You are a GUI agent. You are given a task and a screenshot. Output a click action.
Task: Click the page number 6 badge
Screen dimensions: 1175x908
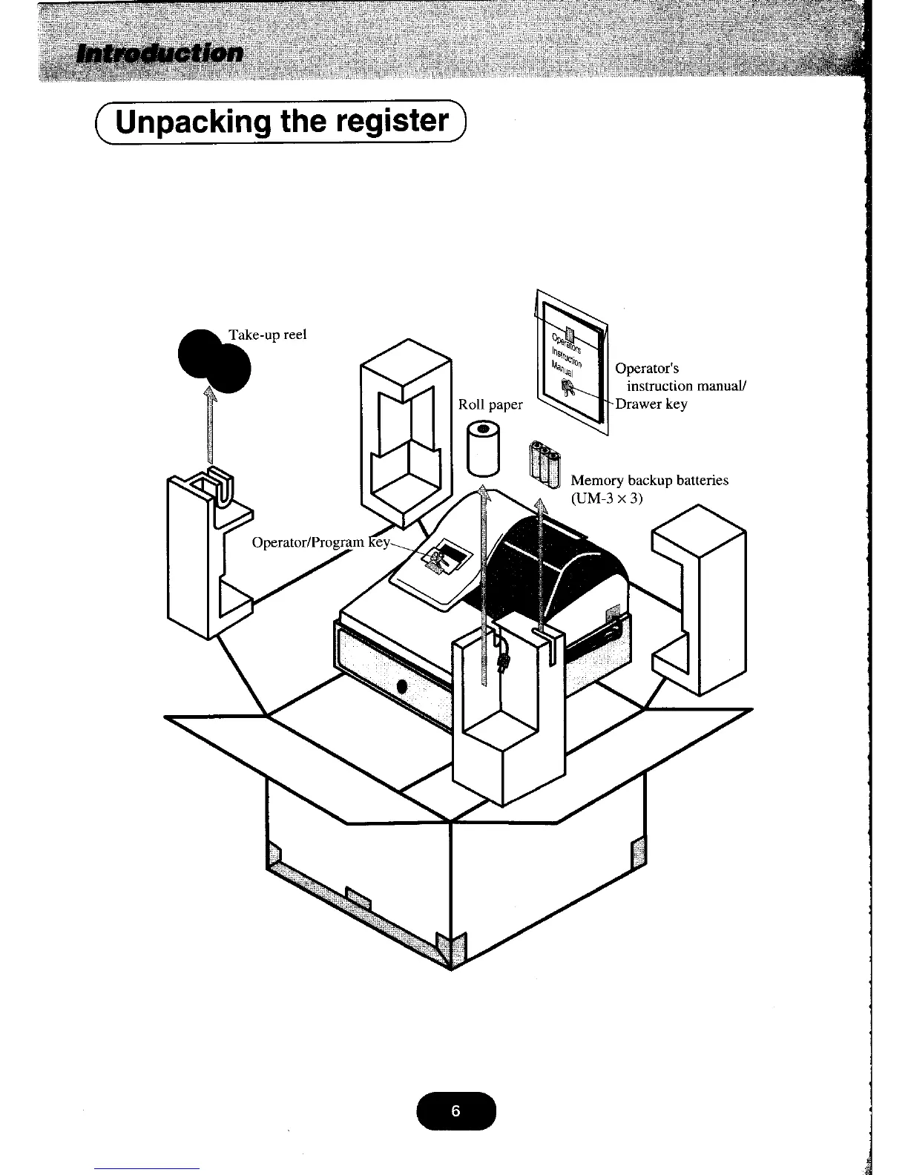point(455,1110)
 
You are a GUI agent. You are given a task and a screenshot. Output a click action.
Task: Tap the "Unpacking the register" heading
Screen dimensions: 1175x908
point(283,122)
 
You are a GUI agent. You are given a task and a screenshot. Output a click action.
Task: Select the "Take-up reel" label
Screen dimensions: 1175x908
point(268,335)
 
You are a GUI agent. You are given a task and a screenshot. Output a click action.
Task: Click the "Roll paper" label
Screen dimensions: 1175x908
point(490,405)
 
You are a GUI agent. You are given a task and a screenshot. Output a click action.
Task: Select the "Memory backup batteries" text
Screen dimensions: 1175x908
point(649,481)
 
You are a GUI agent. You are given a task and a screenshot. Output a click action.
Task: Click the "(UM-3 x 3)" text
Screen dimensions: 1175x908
point(606,498)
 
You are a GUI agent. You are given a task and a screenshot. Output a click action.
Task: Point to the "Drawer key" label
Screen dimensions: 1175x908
point(652,404)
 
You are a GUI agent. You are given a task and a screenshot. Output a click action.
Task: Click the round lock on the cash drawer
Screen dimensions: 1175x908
point(401,686)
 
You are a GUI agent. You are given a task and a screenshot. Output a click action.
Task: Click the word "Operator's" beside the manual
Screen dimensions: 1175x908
point(647,369)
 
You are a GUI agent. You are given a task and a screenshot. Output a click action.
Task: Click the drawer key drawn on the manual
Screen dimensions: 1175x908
point(570,387)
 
